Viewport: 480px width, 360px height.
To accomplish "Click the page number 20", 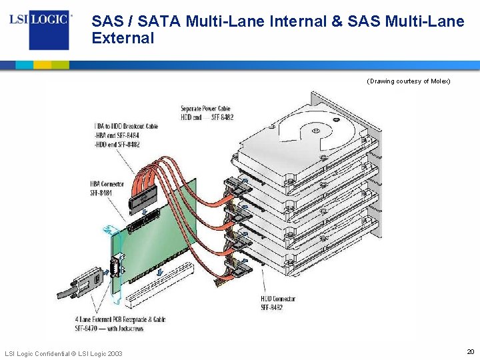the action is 470,351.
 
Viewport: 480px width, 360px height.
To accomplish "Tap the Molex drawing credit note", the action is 409,81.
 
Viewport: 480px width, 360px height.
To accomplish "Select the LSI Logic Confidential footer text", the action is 63,353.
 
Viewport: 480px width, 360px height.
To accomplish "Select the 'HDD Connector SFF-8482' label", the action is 278,303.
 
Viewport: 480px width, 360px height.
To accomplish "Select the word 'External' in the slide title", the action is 123,38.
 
